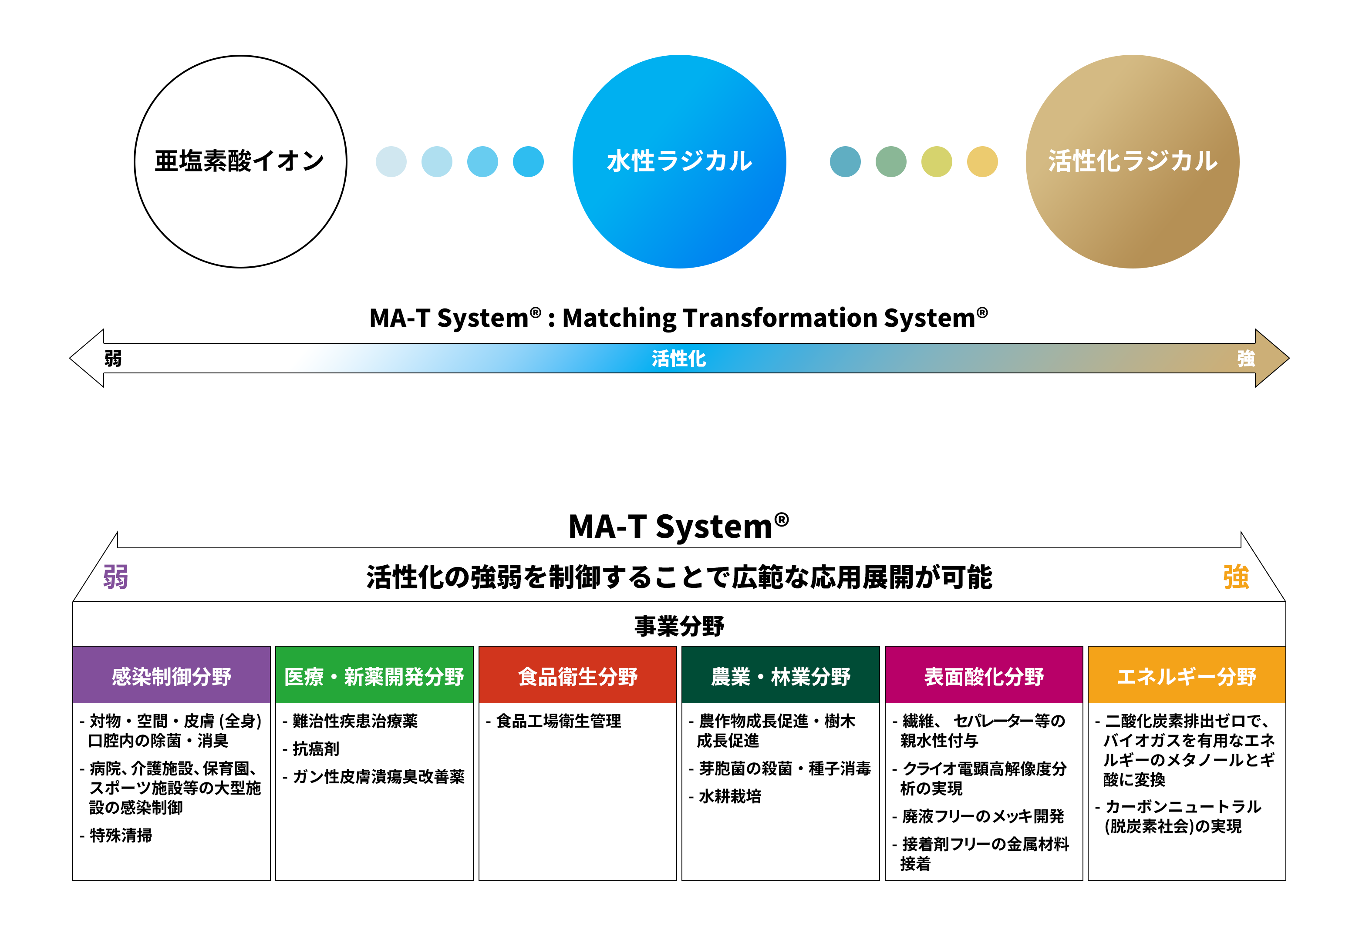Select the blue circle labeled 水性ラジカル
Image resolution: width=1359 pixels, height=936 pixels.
click(679, 162)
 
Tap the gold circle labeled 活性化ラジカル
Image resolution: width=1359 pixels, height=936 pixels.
click(1133, 162)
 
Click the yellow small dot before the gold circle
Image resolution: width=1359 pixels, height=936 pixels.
click(982, 162)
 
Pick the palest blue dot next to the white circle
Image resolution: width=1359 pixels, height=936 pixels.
click(391, 162)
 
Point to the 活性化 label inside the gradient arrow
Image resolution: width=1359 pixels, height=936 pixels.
click(679, 358)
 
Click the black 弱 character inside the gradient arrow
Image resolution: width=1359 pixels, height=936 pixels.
click(113, 358)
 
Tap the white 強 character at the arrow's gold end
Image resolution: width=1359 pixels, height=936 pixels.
click(1246, 358)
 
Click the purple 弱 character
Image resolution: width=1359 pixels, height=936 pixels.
click(115, 577)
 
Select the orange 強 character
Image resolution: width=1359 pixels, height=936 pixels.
click(1236, 577)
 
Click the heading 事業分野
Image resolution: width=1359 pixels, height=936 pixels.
click(679, 626)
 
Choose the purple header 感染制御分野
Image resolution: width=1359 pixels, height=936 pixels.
click(171, 675)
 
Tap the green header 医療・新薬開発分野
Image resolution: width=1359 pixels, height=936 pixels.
click(374, 675)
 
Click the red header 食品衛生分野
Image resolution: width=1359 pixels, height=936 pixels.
click(578, 675)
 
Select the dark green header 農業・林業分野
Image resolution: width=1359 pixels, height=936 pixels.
click(780, 675)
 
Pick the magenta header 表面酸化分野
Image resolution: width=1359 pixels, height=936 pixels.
click(984, 675)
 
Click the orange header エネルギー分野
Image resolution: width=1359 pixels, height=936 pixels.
click(1187, 675)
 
